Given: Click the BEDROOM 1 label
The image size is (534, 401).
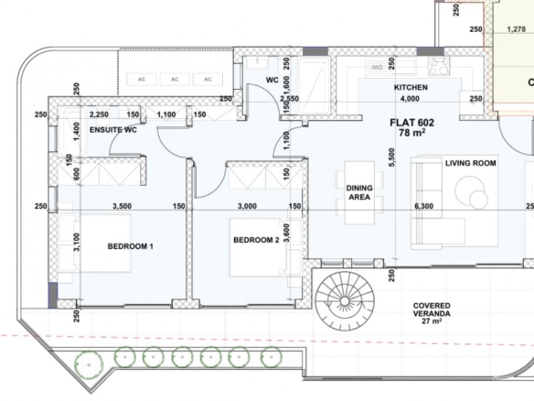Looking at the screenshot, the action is [130, 246].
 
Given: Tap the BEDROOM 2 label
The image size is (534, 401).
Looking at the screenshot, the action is [256, 240].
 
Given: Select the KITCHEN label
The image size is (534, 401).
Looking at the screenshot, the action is [411, 88].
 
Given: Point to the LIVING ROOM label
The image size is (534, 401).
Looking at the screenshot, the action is [471, 163].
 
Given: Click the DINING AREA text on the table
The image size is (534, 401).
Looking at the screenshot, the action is [359, 192].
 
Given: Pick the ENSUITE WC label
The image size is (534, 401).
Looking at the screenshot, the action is [113, 130].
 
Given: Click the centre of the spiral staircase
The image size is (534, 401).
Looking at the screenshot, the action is [345, 301].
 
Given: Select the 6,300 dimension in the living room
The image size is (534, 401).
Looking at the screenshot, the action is [424, 206].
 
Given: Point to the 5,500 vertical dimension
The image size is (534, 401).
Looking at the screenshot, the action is [391, 157].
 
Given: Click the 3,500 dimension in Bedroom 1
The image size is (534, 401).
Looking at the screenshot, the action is [122, 206].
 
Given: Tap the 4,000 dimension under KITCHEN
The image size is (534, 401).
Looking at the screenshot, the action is [410, 99].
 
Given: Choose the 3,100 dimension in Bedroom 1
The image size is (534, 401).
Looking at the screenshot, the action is [77, 242].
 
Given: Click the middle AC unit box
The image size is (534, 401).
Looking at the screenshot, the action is [175, 80].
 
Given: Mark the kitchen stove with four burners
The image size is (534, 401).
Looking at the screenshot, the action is [439, 66].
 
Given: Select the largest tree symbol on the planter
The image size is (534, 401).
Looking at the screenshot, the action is [89, 365].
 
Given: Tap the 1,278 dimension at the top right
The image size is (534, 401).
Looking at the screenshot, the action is [517, 29].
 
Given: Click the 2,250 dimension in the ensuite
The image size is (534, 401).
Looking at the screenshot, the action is [99, 114].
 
